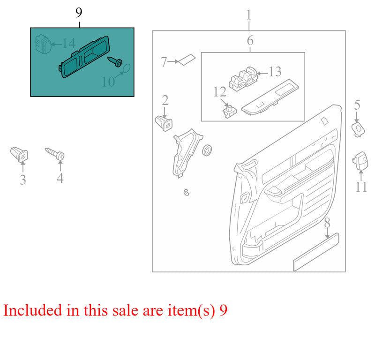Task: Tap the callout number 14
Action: [x=68, y=44]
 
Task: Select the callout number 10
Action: [x=108, y=82]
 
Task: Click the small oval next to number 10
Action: [x=126, y=70]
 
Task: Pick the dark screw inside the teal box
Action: [x=115, y=61]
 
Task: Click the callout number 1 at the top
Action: [x=249, y=15]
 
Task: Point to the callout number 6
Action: [x=250, y=41]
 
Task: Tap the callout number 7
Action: [x=164, y=61]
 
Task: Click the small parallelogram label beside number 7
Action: [x=187, y=59]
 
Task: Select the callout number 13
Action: [x=275, y=72]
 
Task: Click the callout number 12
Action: [x=220, y=91]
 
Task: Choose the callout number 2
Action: [x=165, y=100]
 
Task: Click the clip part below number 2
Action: [x=163, y=124]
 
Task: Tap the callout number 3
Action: [x=23, y=180]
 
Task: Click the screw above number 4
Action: [x=56, y=153]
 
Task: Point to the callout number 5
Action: [x=357, y=105]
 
